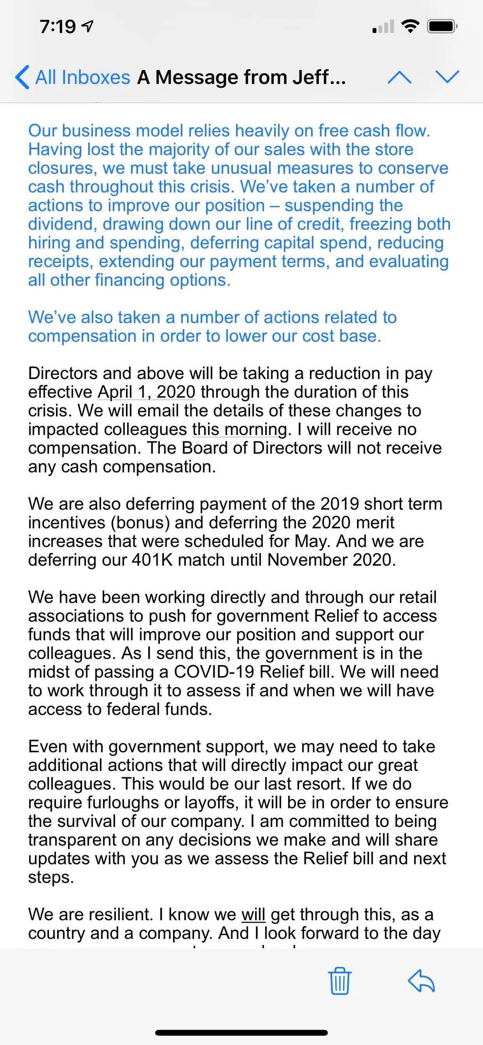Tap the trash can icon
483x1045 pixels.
tap(339, 981)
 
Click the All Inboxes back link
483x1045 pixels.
tap(73, 77)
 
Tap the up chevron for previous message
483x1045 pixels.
tap(399, 77)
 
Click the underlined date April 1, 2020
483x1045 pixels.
tap(147, 392)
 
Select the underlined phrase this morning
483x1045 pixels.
tap(239, 429)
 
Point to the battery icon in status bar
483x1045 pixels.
tap(442, 27)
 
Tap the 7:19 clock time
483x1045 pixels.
tap(58, 27)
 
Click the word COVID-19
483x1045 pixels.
tap(214, 672)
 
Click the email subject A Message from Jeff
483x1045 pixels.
tap(241, 77)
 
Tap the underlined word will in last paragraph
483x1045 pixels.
tap(253, 914)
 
